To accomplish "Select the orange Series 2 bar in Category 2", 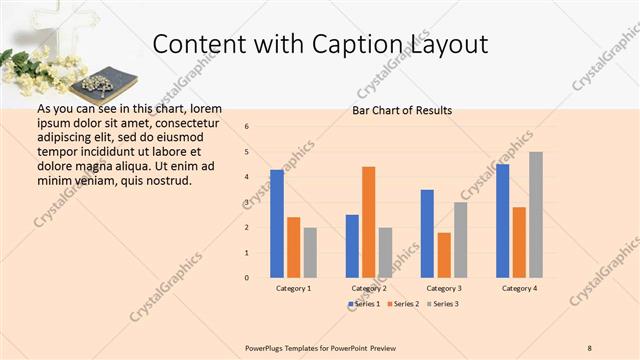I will pos(369,221).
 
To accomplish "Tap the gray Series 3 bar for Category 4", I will pos(536,214).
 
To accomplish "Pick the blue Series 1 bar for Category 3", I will pos(427,233).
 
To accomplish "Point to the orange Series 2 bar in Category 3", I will pos(444,255).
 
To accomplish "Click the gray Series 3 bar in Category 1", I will pos(310,252).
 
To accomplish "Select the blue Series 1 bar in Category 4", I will pos(502,220).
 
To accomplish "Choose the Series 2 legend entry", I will pos(401,303).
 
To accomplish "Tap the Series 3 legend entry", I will pos(441,303).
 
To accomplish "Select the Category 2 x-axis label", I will pos(369,288).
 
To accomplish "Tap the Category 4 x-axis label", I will pos(519,288).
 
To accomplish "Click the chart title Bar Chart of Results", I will pos(402,110).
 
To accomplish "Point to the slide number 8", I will pos(590,347).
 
